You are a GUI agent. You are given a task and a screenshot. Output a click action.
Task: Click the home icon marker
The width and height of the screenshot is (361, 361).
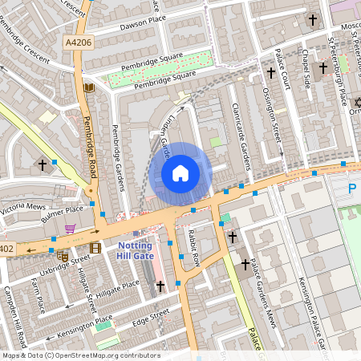(180, 172)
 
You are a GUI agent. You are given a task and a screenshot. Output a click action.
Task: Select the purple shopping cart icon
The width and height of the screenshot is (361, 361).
(71, 229)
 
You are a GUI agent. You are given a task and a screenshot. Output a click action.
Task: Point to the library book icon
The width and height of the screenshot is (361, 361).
(88, 87)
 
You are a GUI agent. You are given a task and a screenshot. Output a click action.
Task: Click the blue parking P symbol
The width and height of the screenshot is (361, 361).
(352, 189)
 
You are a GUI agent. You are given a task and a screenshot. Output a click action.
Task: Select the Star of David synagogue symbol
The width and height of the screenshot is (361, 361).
(358, 102)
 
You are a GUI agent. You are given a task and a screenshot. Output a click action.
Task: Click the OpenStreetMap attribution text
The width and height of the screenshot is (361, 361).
(80, 355)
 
